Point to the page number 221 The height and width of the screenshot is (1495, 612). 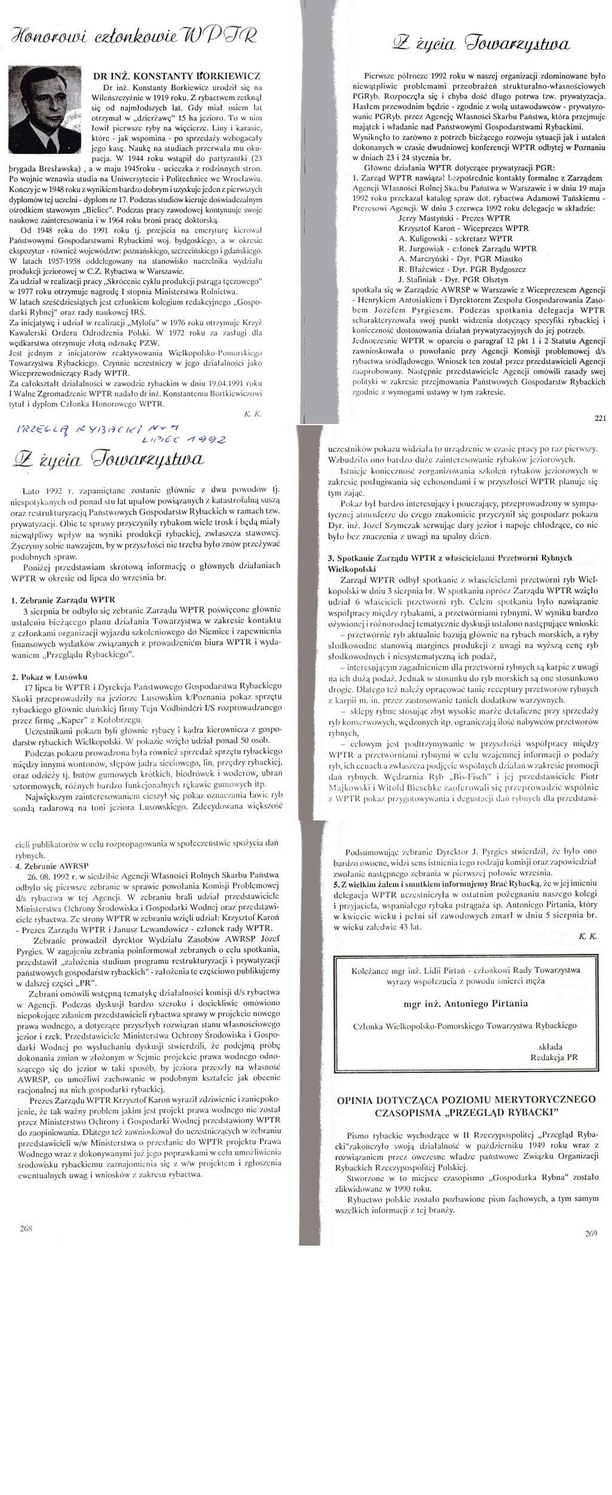point(600,418)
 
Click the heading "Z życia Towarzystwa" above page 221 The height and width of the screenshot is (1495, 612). point(481,44)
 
